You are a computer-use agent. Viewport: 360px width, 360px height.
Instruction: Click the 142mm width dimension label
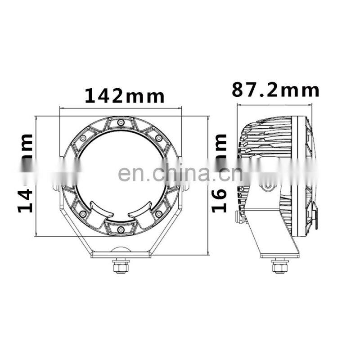point(125,96)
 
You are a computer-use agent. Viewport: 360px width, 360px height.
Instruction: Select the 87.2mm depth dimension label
point(275,90)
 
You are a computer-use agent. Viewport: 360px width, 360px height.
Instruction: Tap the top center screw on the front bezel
point(120,122)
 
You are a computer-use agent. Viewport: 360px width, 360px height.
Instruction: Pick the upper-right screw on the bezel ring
point(158,137)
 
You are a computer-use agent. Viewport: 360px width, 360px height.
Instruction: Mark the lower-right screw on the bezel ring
point(158,214)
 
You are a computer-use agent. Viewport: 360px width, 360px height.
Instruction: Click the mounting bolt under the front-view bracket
point(120,267)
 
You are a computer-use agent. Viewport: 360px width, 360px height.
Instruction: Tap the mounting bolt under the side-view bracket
point(278,267)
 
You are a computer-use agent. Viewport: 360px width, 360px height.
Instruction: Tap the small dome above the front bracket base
point(120,249)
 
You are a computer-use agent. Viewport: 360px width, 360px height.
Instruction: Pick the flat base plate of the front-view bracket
point(120,255)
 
